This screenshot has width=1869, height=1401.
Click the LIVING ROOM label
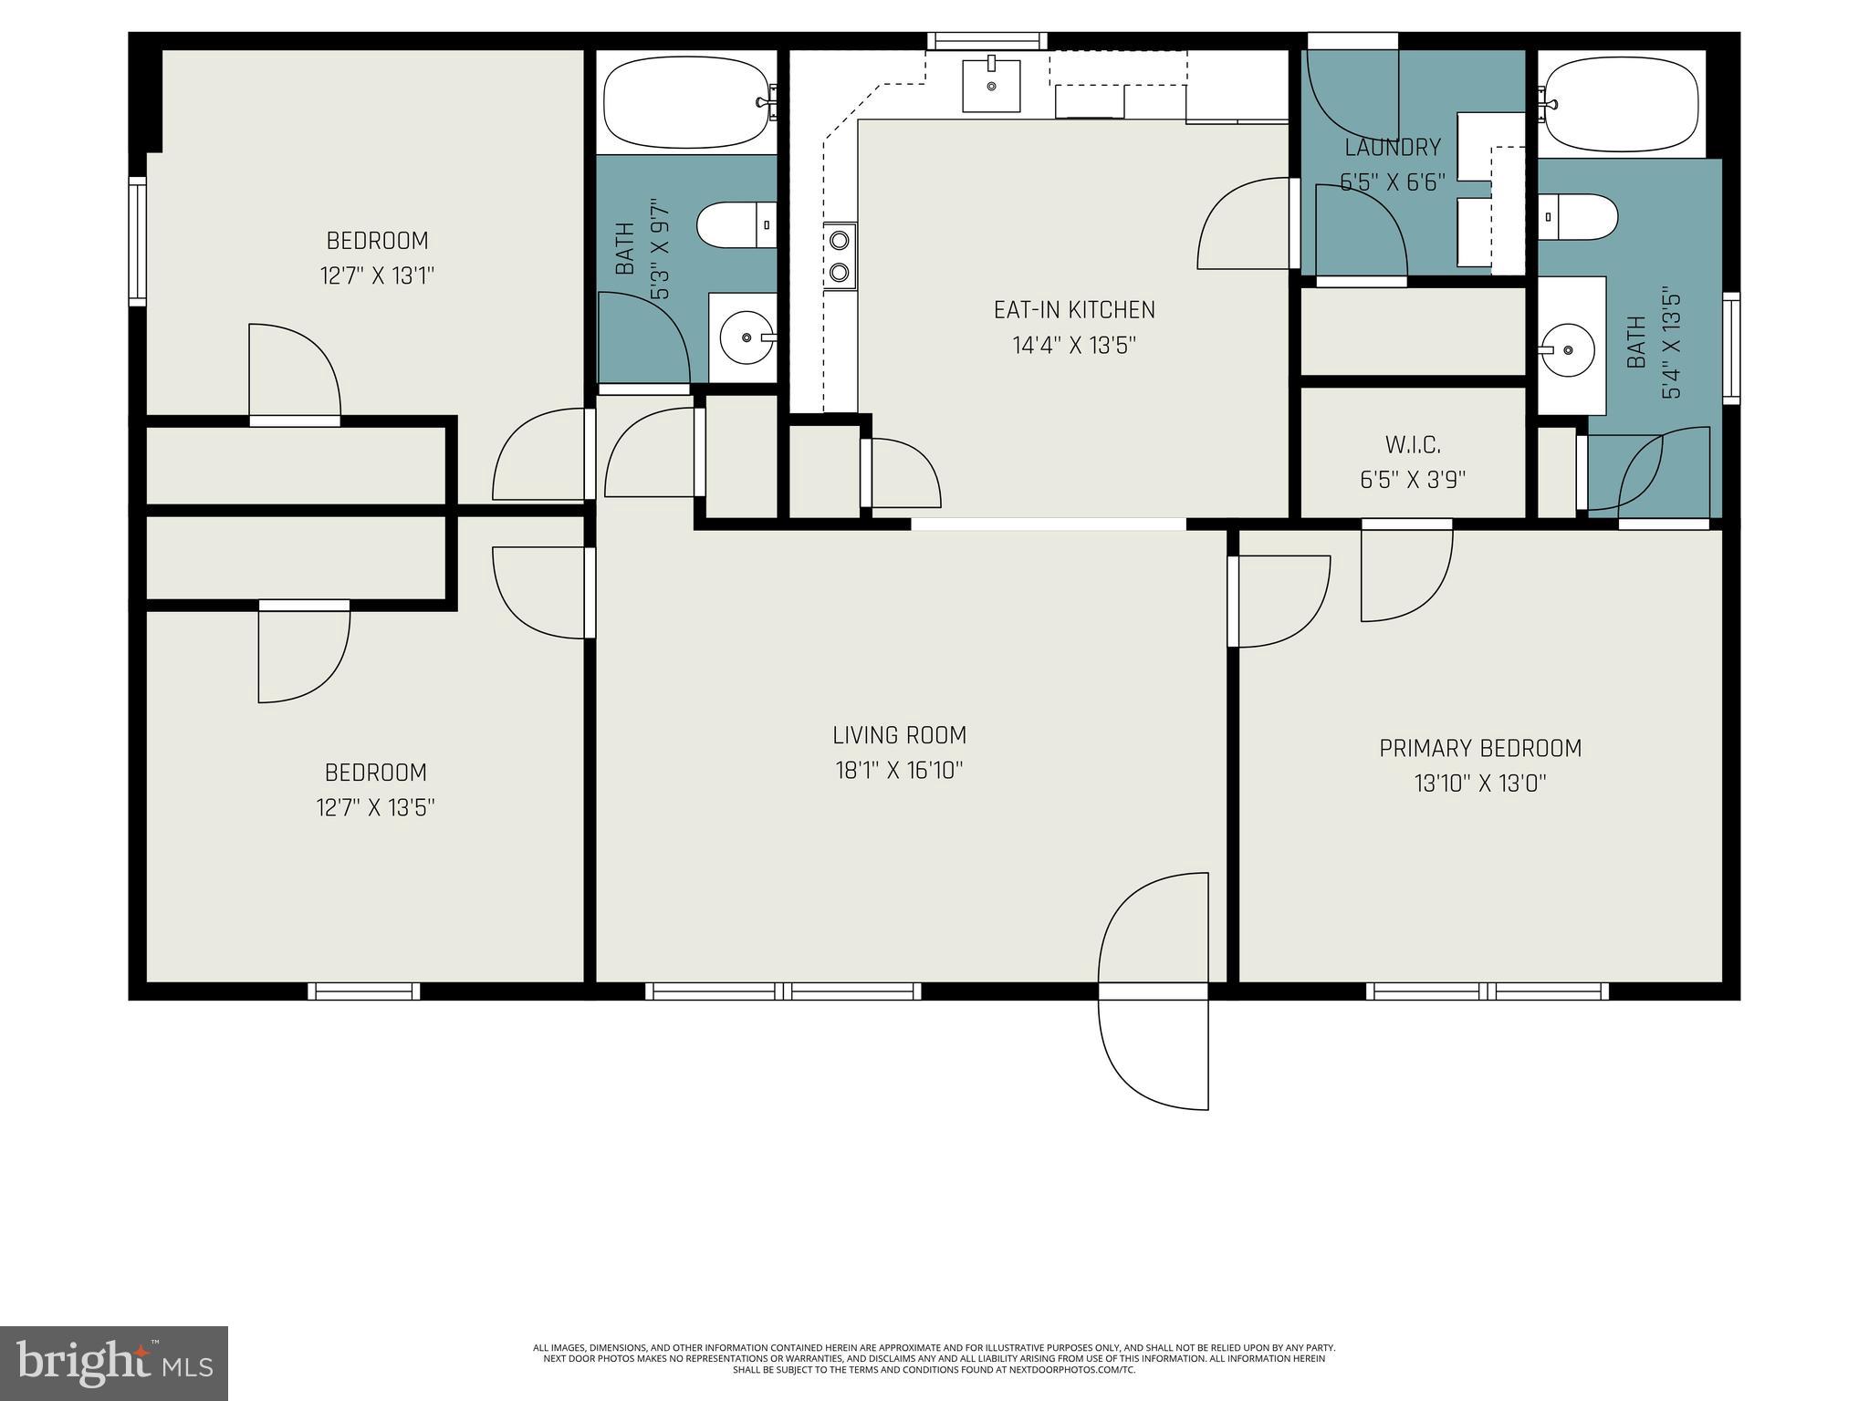pos(899,735)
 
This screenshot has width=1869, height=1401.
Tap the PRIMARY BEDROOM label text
pos(1479,749)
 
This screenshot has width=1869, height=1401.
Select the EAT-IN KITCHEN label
pos(1074,310)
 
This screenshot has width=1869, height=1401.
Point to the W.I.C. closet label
pos(1413,445)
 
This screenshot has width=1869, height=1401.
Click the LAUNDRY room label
pos(1393,148)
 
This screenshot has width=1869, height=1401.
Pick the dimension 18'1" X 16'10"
pos(899,771)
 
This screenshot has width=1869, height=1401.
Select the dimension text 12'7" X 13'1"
pos(377,275)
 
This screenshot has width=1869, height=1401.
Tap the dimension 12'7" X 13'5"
pos(375,808)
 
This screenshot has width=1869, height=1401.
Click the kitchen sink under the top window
pos(991,85)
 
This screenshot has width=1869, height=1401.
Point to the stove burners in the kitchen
pos(840,256)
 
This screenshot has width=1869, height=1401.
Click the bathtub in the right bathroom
pos(1621,104)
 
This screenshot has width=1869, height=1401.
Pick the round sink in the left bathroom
pos(747,337)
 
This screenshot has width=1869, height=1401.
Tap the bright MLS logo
pos(114,1363)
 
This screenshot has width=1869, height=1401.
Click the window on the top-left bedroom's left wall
pos(137,241)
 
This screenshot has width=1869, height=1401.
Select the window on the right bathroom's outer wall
pos(1730,348)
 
